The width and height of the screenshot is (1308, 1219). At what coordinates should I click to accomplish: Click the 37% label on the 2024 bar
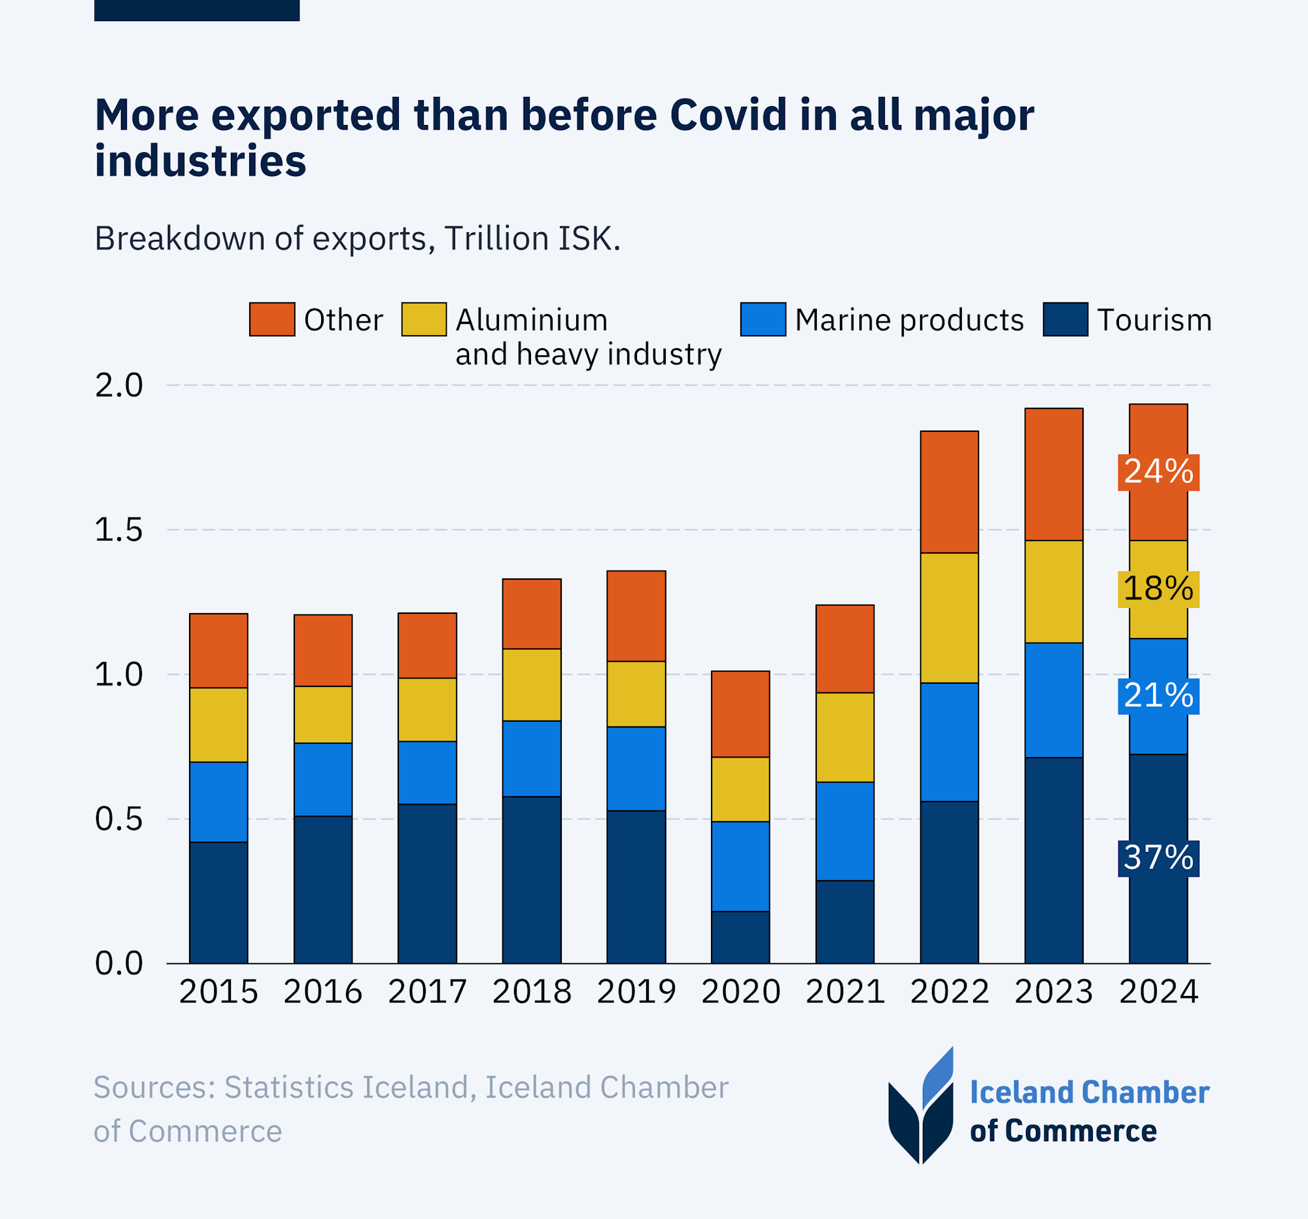coord(1158,858)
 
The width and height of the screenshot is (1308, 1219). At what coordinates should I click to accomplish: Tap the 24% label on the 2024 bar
coord(1158,472)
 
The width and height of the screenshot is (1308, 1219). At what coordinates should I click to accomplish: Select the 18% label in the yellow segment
coord(1158,588)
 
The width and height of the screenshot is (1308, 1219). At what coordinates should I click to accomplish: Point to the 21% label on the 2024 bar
coord(1158,696)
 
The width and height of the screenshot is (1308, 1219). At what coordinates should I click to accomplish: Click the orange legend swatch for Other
coord(271,319)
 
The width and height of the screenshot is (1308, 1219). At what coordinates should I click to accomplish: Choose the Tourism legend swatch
coord(1065,319)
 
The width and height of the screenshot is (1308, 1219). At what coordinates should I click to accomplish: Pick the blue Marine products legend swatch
coord(763,319)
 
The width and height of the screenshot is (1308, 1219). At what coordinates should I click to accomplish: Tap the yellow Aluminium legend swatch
coord(424,319)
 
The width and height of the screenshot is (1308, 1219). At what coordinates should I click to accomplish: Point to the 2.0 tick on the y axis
coord(118,385)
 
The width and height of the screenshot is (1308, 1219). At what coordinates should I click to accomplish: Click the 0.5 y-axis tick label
coord(118,819)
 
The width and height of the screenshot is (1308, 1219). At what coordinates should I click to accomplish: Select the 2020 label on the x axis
coord(740,992)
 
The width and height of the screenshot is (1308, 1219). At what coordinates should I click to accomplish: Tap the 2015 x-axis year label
coord(218,992)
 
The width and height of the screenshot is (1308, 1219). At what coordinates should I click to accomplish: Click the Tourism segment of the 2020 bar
coord(740,937)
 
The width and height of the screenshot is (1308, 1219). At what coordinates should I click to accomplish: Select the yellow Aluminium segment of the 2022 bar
coord(949,618)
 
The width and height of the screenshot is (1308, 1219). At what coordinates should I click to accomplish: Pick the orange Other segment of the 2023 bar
coord(1054,474)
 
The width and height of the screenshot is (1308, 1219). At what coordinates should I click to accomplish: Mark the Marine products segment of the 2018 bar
coord(532,758)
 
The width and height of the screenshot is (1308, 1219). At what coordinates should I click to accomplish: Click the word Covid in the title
coord(728,115)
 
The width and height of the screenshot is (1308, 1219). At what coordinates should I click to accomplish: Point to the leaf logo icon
coord(920,1106)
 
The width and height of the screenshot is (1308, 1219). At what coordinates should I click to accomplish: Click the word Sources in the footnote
coord(154,1087)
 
